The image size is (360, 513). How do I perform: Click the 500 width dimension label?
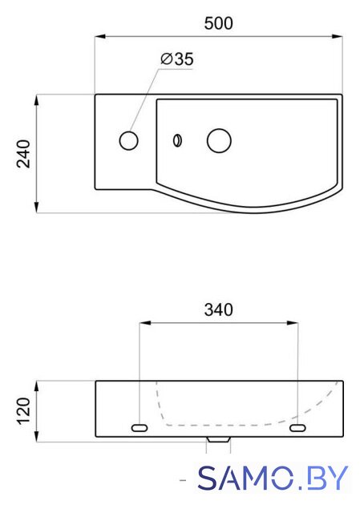click(219, 23)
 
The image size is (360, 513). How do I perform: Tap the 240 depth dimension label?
click(23, 154)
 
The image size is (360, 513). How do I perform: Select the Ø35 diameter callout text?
click(177, 59)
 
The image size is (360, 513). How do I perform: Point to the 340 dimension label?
click(219, 310)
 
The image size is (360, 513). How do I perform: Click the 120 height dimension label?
click(23, 411)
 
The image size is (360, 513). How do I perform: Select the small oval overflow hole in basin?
click(177, 141)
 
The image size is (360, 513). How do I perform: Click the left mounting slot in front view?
click(140, 427)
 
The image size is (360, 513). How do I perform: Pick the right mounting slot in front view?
click(297, 427)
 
